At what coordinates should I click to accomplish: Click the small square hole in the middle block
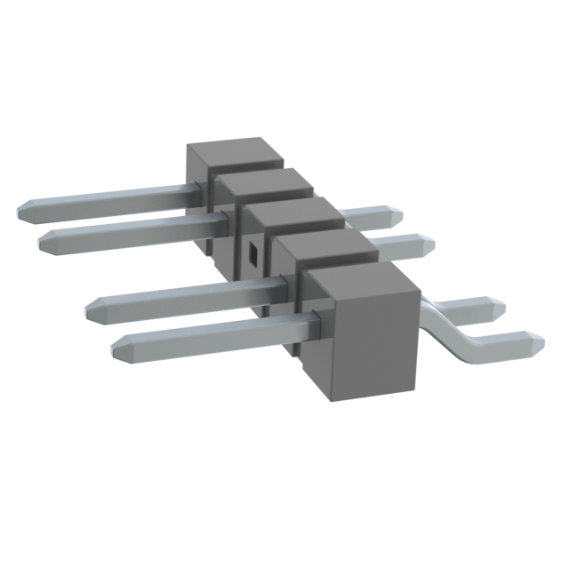coord(254,252)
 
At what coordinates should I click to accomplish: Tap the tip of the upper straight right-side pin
coord(397,216)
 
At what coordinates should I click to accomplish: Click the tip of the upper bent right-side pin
coord(501,309)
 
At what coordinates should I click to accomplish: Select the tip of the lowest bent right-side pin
coord(537,341)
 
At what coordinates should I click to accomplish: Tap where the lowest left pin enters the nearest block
coord(311,322)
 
